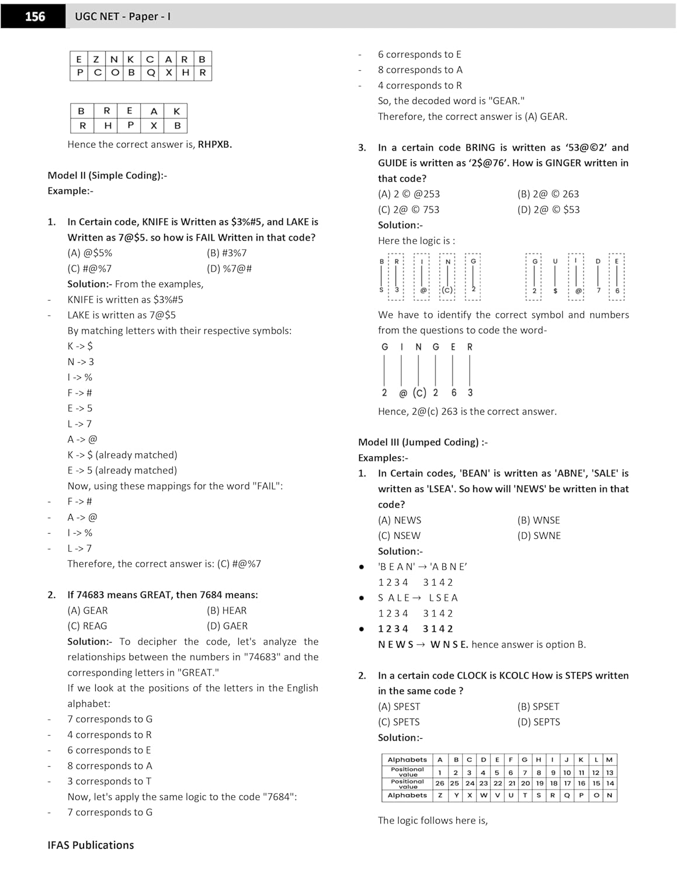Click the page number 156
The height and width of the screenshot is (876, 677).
(x=34, y=16)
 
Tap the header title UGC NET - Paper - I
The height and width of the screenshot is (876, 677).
(x=123, y=16)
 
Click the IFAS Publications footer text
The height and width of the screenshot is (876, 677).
(x=91, y=845)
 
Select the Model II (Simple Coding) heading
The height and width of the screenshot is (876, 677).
(x=107, y=175)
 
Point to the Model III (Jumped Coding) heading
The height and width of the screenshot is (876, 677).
(x=422, y=442)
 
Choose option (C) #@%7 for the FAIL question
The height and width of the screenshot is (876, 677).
(x=89, y=269)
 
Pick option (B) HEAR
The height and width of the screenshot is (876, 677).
(x=227, y=610)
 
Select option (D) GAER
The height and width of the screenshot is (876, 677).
(x=227, y=626)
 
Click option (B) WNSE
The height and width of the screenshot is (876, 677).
(x=538, y=520)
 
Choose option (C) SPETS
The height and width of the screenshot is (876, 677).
(x=398, y=722)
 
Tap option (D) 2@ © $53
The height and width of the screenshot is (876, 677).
(x=548, y=209)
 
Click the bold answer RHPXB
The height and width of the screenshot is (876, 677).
(x=214, y=144)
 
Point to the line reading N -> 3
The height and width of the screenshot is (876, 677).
(x=81, y=361)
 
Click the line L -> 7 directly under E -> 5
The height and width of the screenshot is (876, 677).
(x=79, y=424)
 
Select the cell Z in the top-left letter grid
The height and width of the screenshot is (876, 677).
(x=96, y=59)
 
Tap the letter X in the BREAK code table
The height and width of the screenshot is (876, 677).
(x=154, y=126)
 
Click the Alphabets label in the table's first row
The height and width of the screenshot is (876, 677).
(x=407, y=760)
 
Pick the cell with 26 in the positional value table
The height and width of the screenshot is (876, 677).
(x=440, y=783)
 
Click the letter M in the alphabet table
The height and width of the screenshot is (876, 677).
(x=609, y=760)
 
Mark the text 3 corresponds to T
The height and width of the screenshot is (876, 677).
(x=109, y=781)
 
